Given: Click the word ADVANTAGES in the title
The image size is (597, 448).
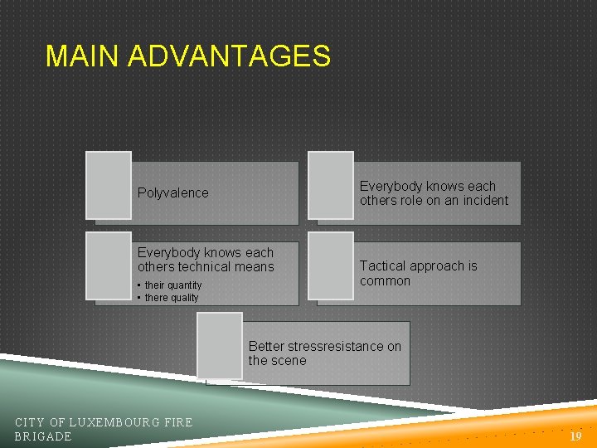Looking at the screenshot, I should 230,56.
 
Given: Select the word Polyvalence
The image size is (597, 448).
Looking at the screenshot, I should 172,193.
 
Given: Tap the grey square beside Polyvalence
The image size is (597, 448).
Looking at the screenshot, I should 109,184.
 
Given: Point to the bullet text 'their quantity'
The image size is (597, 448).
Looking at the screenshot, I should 173,285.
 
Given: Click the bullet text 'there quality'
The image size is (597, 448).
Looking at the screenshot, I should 172,298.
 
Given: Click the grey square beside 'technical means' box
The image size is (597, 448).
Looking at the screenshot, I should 109,265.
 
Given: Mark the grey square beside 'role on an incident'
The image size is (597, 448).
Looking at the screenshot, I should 330,184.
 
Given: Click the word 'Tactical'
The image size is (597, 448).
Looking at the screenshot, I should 383,266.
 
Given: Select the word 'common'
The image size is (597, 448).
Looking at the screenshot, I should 385,281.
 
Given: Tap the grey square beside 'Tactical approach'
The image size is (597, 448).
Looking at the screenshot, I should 330,265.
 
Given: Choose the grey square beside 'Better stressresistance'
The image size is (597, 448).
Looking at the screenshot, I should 220,345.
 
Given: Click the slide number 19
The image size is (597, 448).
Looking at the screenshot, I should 576,436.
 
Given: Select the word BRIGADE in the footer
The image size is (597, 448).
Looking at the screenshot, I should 43,436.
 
